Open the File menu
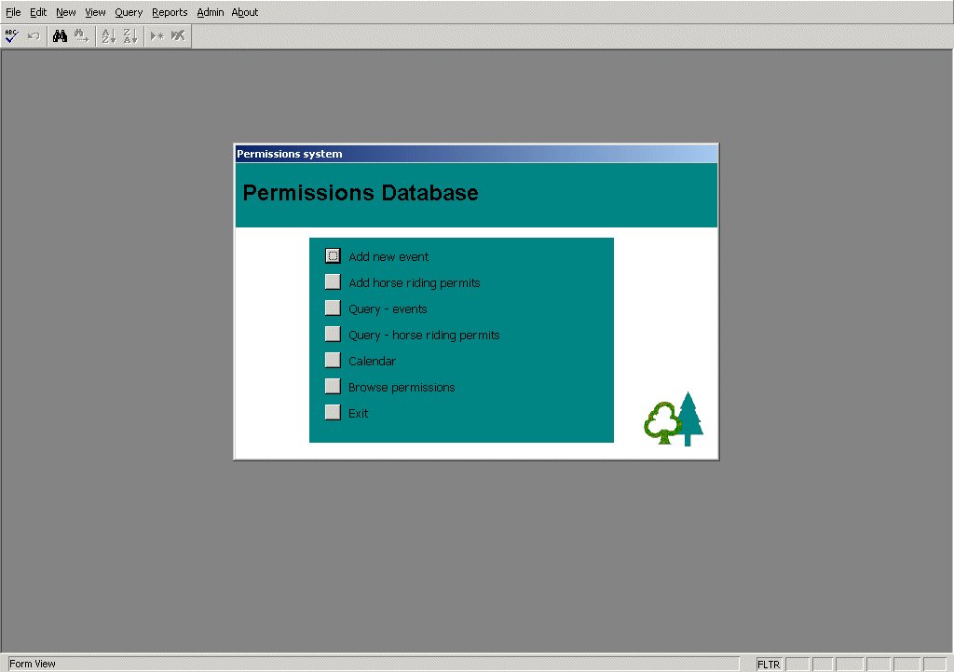[x=13, y=12]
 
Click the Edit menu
[x=38, y=12]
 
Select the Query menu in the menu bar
[x=129, y=12]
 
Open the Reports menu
[x=170, y=12]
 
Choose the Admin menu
[x=210, y=12]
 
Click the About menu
[x=245, y=12]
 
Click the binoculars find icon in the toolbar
[x=60, y=36]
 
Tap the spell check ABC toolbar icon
[x=11, y=36]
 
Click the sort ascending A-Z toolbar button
[x=109, y=36]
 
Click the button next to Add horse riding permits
[x=333, y=281]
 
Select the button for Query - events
[x=333, y=308]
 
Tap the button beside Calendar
[x=333, y=360]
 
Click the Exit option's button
[x=333, y=412]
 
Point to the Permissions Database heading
[x=361, y=193]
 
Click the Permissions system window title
[x=290, y=154]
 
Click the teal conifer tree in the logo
[x=689, y=418]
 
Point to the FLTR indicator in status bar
[x=769, y=665]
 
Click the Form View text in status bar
[x=33, y=664]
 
